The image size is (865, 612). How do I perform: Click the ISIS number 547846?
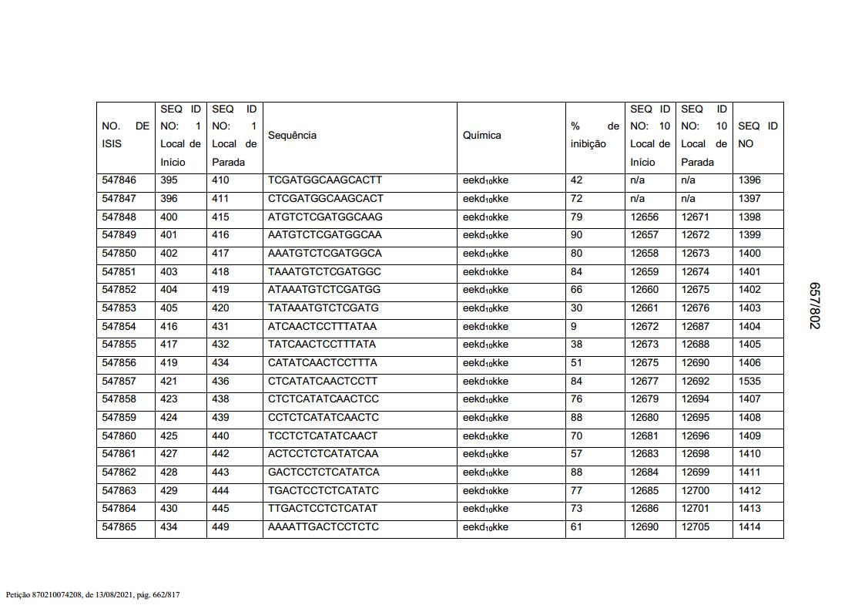click(119, 180)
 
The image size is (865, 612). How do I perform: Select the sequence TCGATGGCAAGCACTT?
click(325, 180)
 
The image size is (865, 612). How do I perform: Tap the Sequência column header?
click(292, 135)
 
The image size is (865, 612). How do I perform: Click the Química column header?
click(481, 135)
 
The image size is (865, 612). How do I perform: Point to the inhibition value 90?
click(576, 235)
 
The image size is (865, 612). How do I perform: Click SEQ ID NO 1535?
click(749, 381)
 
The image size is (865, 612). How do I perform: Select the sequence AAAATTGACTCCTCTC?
click(324, 527)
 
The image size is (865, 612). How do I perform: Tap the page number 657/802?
click(814, 305)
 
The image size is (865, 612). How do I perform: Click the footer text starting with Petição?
click(92, 595)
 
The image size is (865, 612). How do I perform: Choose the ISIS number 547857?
click(119, 381)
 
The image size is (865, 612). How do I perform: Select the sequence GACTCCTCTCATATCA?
click(324, 472)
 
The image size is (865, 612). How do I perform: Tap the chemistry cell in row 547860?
click(485, 435)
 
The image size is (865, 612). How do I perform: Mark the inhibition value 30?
click(576, 308)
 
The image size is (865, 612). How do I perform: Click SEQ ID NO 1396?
click(749, 180)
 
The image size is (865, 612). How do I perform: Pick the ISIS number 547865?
click(119, 527)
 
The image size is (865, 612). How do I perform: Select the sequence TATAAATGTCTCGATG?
click(324, 308)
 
